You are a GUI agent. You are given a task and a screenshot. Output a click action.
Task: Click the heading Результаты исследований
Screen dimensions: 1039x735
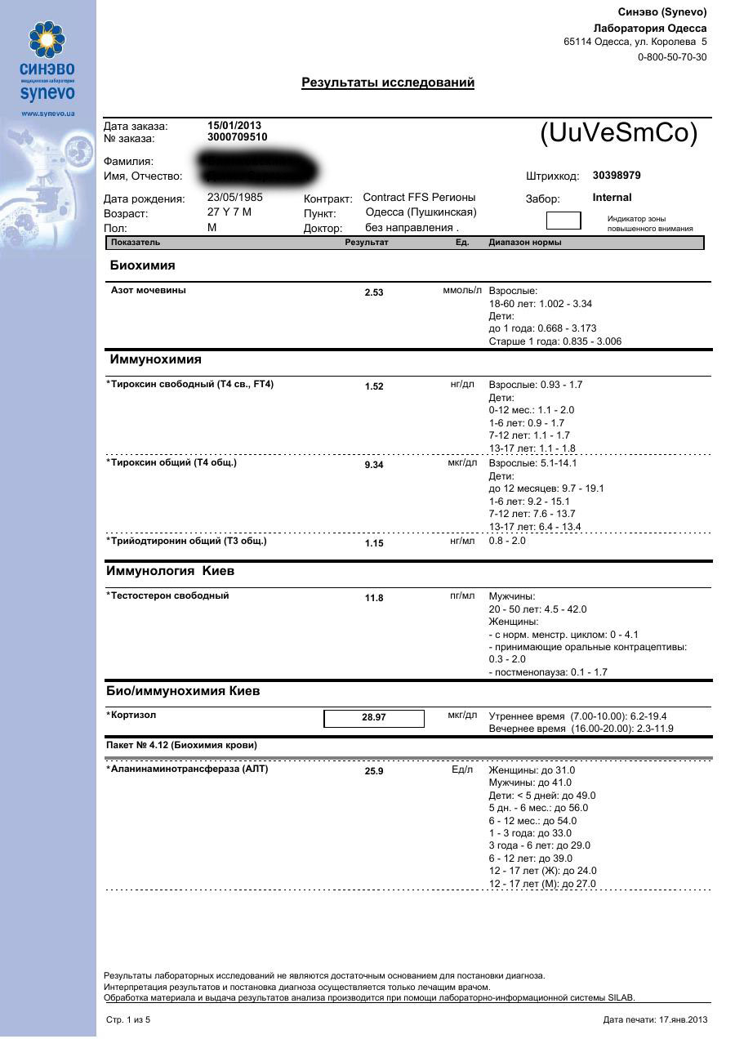[x=388, y=82]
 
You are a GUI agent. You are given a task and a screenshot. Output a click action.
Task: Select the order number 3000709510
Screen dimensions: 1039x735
[x=237, y=137]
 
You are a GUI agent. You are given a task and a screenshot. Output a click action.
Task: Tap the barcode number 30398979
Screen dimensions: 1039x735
[x=617, y=176]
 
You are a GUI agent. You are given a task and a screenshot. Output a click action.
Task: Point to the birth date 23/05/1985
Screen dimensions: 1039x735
[x=235, y=198]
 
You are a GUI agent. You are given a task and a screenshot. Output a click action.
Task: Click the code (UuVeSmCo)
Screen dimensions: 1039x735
[x=619, y=134]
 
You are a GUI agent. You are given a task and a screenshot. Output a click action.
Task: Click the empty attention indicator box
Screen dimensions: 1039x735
[x=563, y=221]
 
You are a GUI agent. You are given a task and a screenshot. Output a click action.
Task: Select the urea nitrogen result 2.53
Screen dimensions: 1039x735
[x=374, y=292]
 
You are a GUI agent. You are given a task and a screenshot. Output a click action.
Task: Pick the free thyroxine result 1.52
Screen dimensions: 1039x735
[x=374, y=387]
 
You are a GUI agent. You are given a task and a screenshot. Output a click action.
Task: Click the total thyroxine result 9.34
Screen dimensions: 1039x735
[x=374, y=465]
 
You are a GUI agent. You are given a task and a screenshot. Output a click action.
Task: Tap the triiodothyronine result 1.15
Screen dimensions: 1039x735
[x=374, y=543]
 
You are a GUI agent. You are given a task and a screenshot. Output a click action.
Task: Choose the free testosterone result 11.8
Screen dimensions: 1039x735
[x=374, y=599]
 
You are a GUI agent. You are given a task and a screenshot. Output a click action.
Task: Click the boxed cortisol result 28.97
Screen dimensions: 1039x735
[x=374, y=718]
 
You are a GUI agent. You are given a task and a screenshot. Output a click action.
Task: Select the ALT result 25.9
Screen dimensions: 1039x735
[x=374, y=771]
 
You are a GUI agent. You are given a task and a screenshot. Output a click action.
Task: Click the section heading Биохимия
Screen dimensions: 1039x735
[x=143, y=265]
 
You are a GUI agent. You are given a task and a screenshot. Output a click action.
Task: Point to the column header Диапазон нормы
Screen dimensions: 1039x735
[x=525, y=243]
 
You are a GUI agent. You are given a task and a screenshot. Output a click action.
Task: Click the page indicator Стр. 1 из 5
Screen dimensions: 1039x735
[x=128, y=1020]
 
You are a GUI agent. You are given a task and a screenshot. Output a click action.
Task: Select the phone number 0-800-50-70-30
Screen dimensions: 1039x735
[x=672, y=57]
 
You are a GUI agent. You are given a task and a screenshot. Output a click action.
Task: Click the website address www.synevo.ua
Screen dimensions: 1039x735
[x=47, y=114]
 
